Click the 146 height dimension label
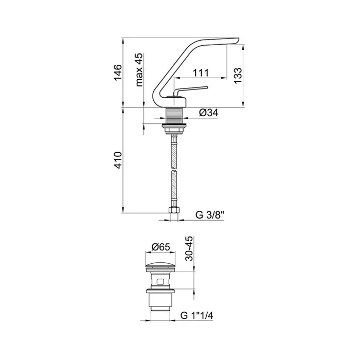pos(118,73)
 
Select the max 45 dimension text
pos(139,70)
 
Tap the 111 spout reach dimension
pos(201,73)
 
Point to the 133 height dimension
pos(238,76)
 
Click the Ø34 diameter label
pos(208,113)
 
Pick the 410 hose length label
pos(118,160)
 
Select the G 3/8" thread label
pos(210,215)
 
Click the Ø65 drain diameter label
pos(160,247)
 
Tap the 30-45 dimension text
pos(189,248)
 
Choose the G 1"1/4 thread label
pos(197,315)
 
